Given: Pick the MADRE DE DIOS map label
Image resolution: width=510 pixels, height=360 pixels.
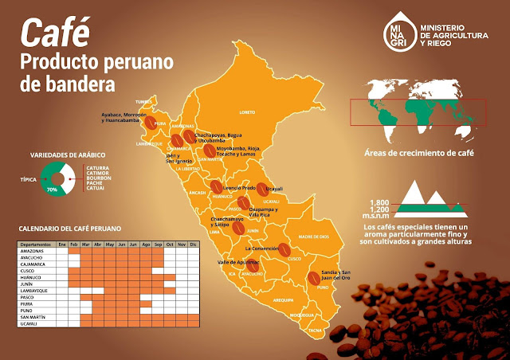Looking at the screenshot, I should tap(314, 237).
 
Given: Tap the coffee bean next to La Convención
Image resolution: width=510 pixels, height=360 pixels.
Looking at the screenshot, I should tap(284, 250).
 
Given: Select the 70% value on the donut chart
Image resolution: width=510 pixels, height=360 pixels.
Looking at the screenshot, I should tap(53, 190).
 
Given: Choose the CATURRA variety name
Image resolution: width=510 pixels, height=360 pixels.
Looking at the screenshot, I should tap(96, 166).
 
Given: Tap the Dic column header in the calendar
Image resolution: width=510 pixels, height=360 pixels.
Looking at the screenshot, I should tap(192, 245).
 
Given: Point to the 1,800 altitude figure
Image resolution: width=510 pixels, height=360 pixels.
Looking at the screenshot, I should tap(379, 202).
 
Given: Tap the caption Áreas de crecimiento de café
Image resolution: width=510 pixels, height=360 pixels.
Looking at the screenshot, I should tap(414, 152).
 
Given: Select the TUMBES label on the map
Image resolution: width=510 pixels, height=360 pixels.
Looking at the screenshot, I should tap(143, 102).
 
